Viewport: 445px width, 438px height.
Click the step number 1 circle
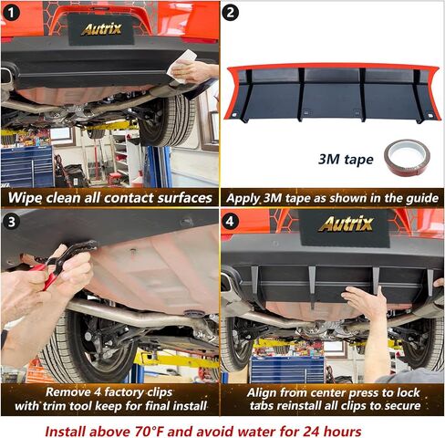coord(11,13)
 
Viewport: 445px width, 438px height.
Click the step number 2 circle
coord(231,13)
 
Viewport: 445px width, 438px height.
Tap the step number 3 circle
coord(12,221)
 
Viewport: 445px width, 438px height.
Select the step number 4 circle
coord(230,221)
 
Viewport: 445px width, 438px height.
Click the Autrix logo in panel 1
coord(101,29)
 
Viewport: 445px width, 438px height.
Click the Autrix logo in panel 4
coord(346,224)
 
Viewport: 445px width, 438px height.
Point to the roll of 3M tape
coord(407,157)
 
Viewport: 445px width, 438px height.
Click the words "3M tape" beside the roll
coord(346,160)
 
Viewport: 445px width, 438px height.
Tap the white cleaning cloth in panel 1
coord(182,66)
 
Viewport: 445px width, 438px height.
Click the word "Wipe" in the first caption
coord(25,198)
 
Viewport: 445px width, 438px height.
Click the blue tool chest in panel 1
coord(27,166)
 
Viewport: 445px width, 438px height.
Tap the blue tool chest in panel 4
coord(287,370)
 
